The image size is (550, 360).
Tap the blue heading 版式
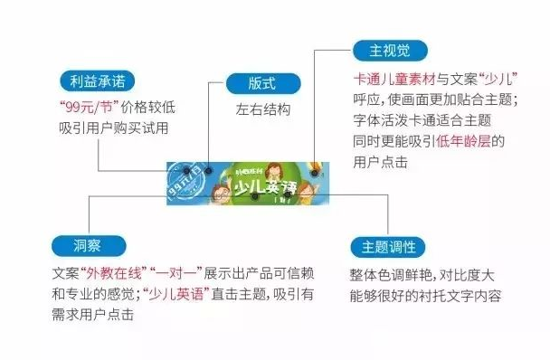tap(261, 82)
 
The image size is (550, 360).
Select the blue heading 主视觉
tap(390, 51)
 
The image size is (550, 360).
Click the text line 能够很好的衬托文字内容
tap(424, 295)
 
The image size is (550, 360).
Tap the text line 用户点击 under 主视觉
tap(379, 163)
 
